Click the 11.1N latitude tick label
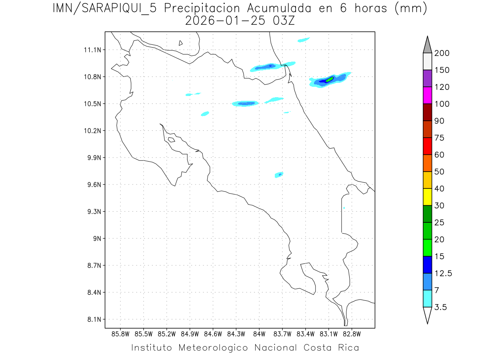(x=93, y=50)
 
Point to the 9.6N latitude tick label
(x=93, y=185)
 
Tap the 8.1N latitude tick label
(x=93, y=320)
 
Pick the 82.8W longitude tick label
(x=352, y=334)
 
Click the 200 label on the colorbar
(x=442, y=53)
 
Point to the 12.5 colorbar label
(x=443, y=273)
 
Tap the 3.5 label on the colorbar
(x=440, y=307)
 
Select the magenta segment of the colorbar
(x=427, y=95)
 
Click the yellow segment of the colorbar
(x=427, y=197)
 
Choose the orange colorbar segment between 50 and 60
(x=427, y=163)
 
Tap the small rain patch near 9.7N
(x=280, y=175)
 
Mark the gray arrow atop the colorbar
(x=427, y=44)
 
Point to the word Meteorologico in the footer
(x=214, y=348)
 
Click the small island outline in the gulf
(x=171, y=140)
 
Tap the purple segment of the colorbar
(x=427, y=78)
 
